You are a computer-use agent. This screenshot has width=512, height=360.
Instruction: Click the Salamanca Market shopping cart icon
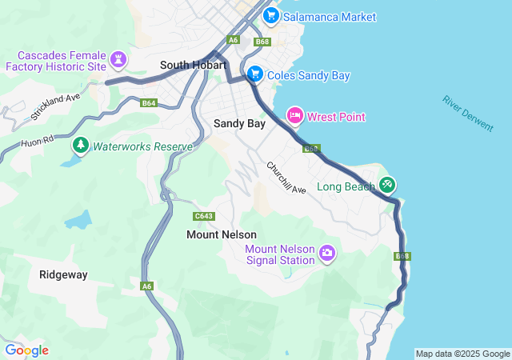tap(270, 15)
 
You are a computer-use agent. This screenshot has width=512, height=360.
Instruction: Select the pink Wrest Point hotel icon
tap(294, 116)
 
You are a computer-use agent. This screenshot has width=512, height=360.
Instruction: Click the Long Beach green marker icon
tap(386, 185)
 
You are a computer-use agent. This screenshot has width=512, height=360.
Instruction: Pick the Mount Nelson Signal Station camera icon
tap(326, 254)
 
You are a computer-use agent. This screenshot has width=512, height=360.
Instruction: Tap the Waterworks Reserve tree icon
tap(80, 146)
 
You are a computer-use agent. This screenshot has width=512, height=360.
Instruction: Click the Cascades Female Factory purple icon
tap(118, 60)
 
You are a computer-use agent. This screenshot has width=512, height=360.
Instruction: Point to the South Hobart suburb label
tap(194, 65)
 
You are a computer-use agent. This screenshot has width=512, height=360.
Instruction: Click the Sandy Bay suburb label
tap(239, 123)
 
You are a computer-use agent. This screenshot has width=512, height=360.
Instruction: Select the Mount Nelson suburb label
tap(222, 234)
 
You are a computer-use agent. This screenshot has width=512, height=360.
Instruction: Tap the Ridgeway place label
tap(63, 274)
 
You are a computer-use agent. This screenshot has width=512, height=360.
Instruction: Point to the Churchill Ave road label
tap(286, 178)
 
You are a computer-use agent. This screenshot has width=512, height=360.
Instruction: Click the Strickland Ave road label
tap(56, 106)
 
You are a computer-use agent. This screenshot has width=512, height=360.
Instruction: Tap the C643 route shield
tap(204, 216)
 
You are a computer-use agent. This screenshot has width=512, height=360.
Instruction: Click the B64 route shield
tap(148, 103)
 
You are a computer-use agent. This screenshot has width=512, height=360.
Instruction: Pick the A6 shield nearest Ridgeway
tap(146, 286)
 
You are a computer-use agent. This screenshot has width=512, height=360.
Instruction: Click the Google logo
tap(26, 350)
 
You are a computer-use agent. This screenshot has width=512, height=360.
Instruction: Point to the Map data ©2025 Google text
tap(462, 354)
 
